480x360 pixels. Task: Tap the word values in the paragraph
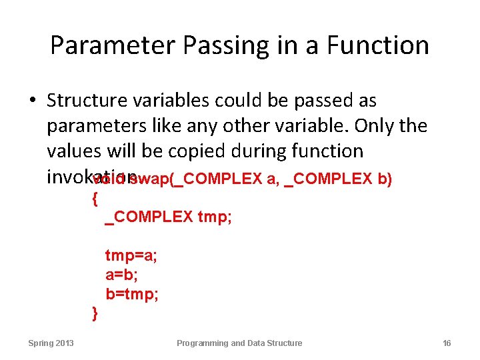(x=73, y=151)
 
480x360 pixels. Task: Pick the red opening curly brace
(x=94, y=197)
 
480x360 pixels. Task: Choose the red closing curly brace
(x=94, y=311)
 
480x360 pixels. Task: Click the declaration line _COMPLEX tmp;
(x=169, y=217)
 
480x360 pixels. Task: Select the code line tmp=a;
(x=131, y=256)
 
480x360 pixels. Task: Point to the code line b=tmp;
(x=131, y=294)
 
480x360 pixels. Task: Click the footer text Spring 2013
(x=51, y=343)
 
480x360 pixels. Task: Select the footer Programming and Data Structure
(x=239, y=343)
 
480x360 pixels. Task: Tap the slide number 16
(x=447, y=343)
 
